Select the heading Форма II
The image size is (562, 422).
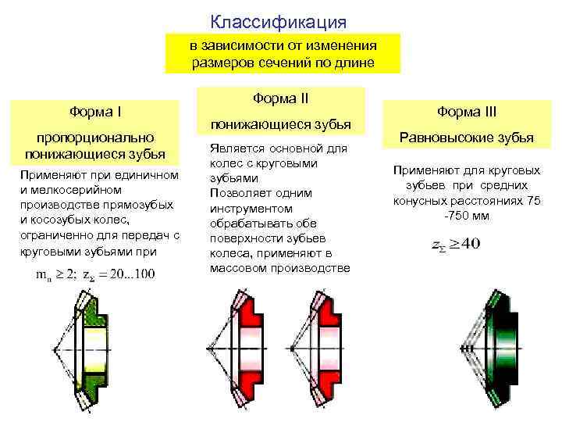(x=281, y=98)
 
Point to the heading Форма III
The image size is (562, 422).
(x=467, y=112)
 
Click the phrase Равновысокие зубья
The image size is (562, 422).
(x=467, y=138)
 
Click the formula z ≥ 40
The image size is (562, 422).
(x=457, y=244)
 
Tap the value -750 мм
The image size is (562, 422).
(x=466, y=216)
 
